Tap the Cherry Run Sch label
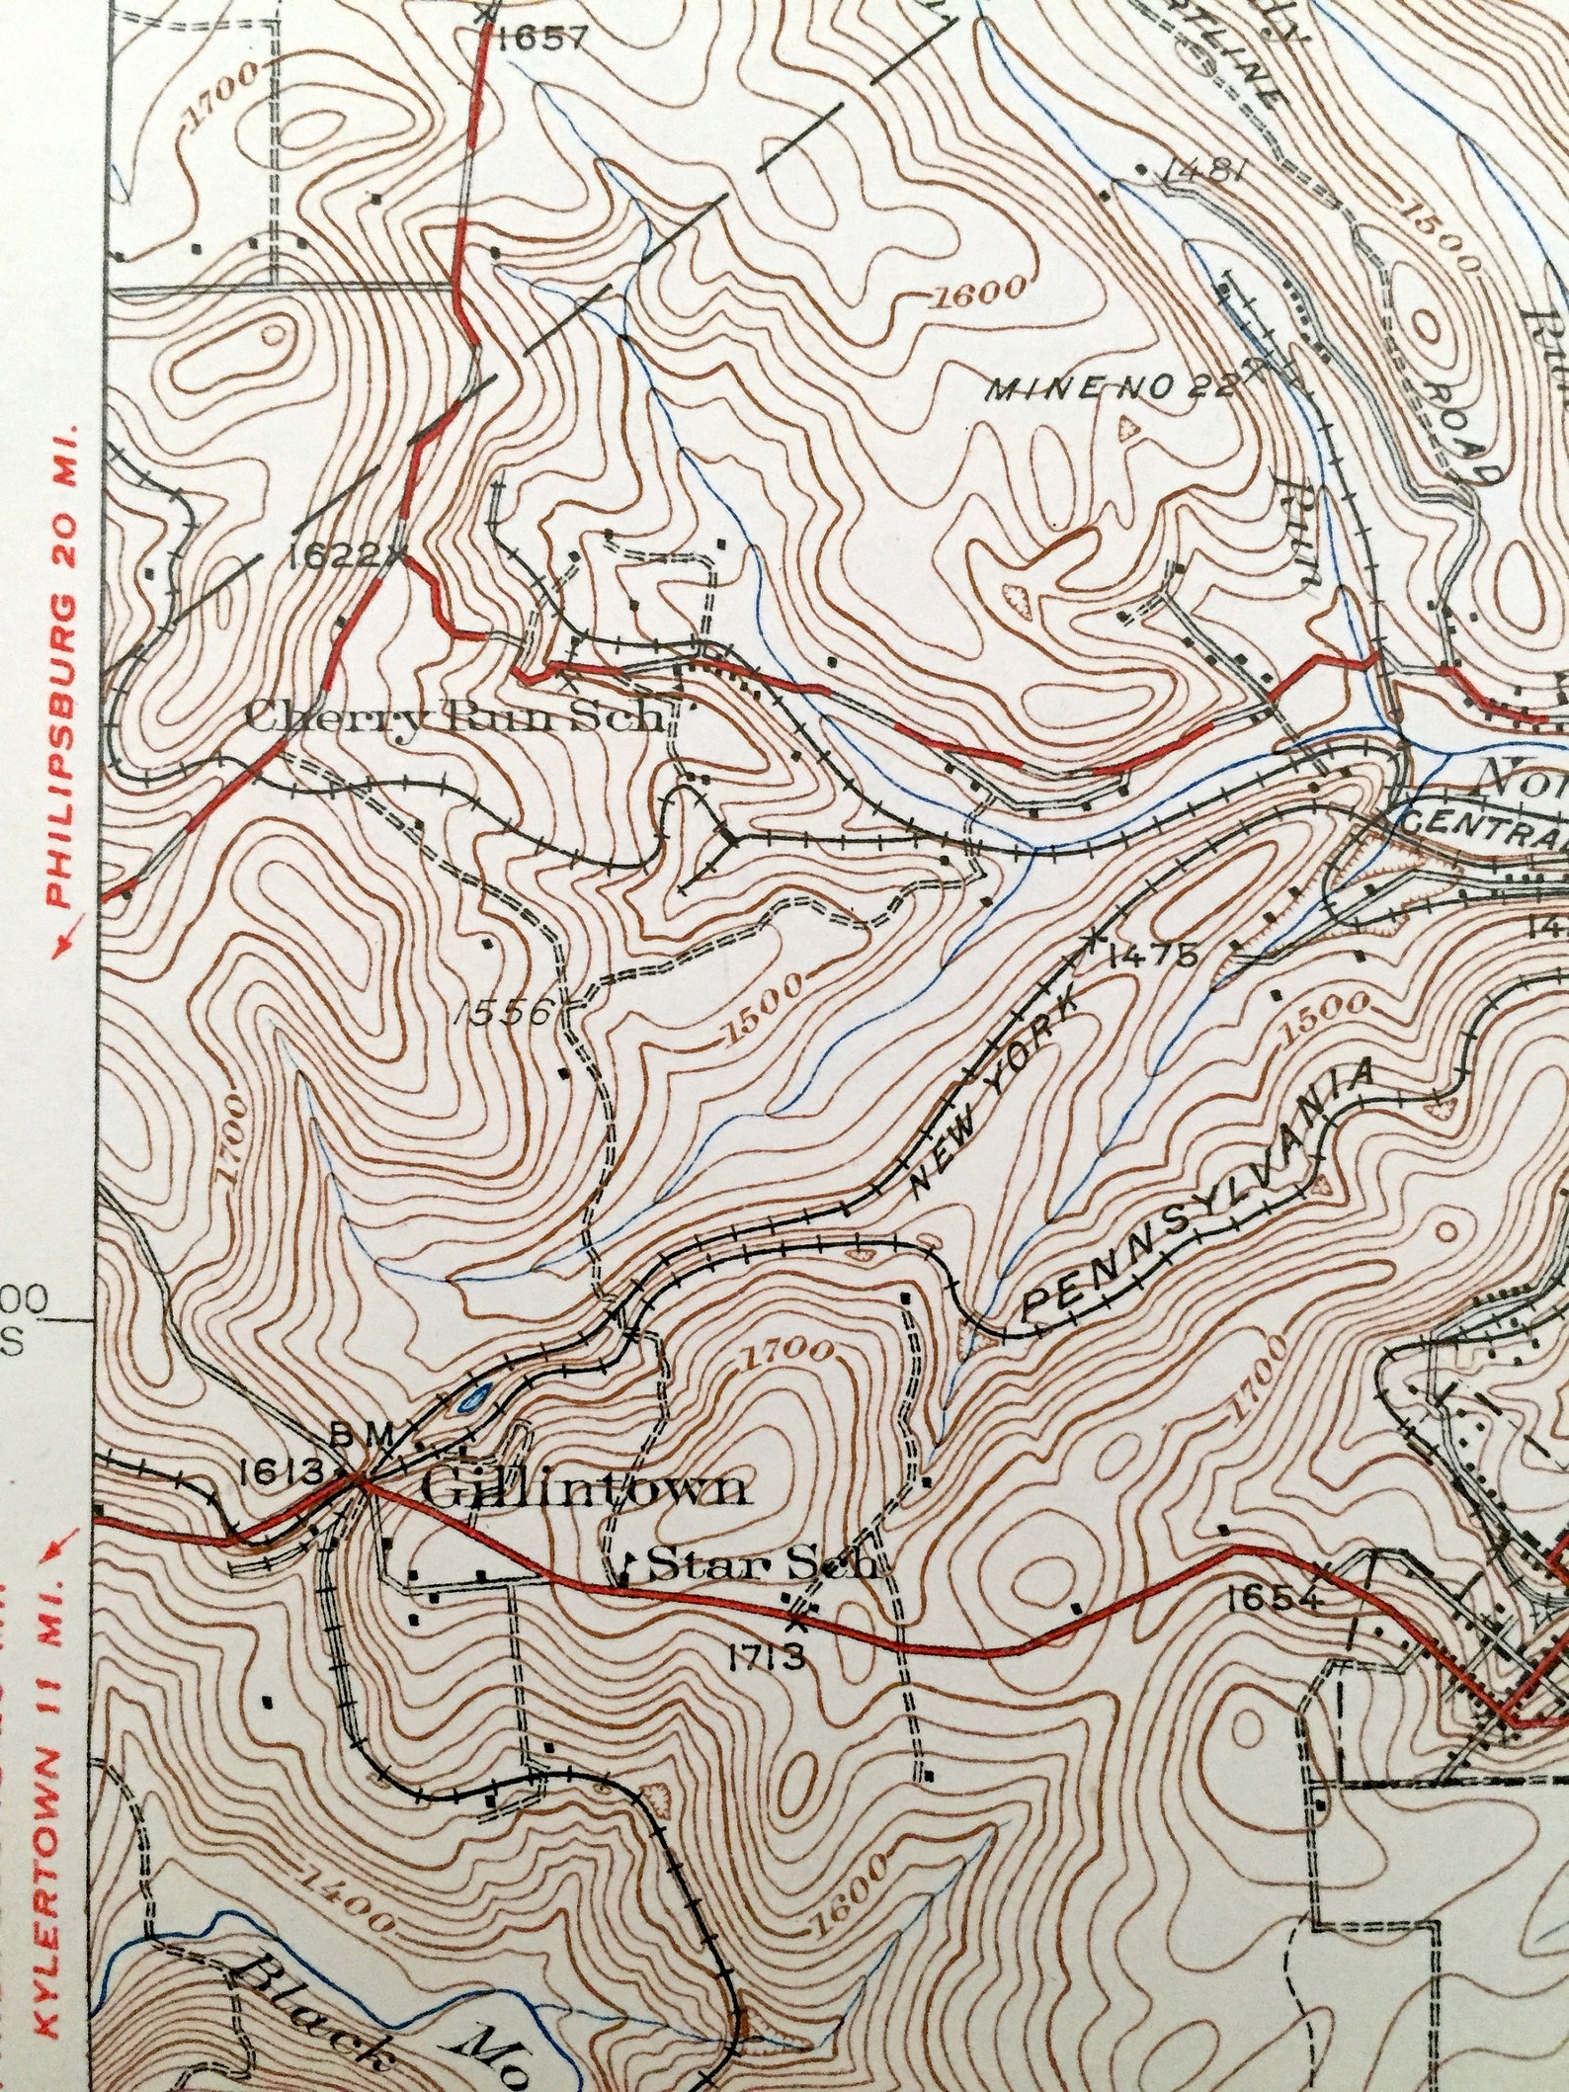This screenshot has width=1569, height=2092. [x=453, y=715]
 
